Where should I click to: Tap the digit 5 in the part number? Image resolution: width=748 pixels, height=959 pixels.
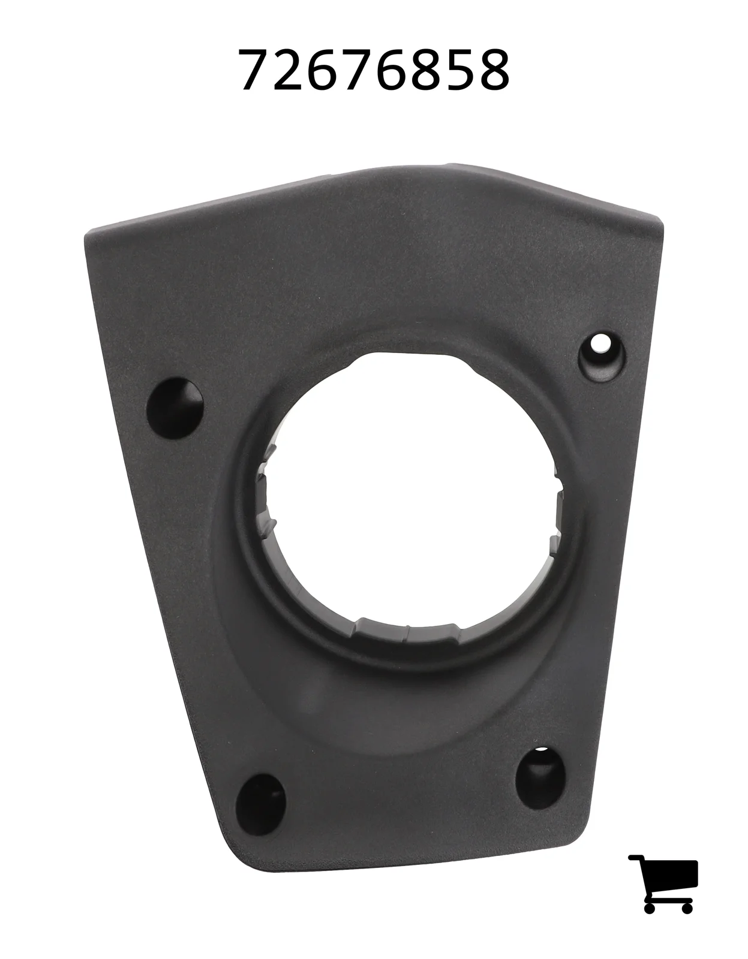(x=460, y=70)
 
